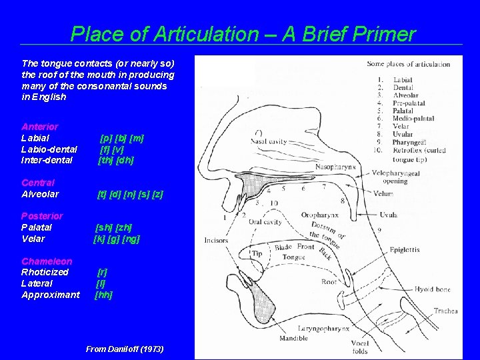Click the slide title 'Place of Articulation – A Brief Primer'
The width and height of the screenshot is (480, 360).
tap(243, 34)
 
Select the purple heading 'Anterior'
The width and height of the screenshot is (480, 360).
tap(40, 127)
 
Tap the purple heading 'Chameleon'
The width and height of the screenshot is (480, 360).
tap(47, 261)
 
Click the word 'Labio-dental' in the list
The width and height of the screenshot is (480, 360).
tap(49, 149)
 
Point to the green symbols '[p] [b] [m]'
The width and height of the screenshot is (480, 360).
tap(121, 138)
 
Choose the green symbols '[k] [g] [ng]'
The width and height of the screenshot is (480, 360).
tap(117, 239)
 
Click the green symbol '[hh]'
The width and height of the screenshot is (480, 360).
tap(103, 295)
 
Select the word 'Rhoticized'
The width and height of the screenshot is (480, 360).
tap(45, 272)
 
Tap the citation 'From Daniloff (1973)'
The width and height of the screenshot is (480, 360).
tap(125, 349)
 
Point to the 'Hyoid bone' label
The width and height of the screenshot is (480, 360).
tap(432, 290)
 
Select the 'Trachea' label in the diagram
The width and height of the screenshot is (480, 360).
tap(445, 311)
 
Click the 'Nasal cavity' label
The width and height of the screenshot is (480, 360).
tap(269, 141)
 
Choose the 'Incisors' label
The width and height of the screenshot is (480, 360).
tap(216, 241)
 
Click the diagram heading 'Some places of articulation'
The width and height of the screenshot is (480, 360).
tap(408, 65)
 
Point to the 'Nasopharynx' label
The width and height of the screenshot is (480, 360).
tap(337, 167)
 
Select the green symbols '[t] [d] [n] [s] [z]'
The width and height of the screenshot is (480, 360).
tap(130, 194)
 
